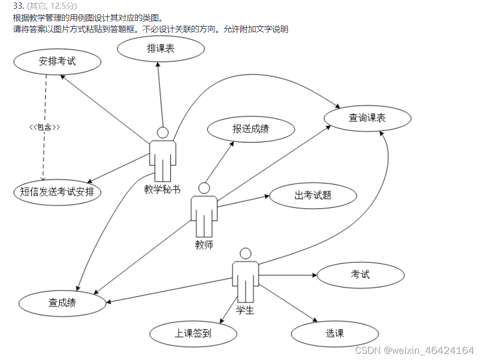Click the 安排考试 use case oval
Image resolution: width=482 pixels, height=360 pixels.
(x=57, y=62)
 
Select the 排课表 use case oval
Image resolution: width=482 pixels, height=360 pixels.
(x=160, y=49)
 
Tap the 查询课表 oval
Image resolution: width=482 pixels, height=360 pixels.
(x=367, y=118)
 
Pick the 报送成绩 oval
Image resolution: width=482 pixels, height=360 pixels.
(x=251, y=129)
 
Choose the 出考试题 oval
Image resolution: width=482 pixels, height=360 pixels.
(x=313, y=195)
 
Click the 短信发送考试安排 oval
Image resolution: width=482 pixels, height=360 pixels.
(x=57, y=192)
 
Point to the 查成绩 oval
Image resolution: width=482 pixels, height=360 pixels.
(x=62, y=302)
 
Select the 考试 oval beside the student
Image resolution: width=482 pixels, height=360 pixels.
(x=360, y=275)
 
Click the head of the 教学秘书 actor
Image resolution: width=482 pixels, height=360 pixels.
(x=163, y=133)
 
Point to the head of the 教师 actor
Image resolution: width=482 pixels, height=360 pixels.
(x=204, y=188)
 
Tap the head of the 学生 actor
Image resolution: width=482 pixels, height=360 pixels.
(x=246, y=254)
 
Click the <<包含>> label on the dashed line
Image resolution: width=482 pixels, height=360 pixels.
(x=44, y=127)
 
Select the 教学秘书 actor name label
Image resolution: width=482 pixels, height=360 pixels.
(x=162, y=189)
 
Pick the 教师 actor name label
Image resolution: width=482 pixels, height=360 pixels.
(x=204, y=245)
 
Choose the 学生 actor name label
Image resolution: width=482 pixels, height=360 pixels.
(x=245, y=310)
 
